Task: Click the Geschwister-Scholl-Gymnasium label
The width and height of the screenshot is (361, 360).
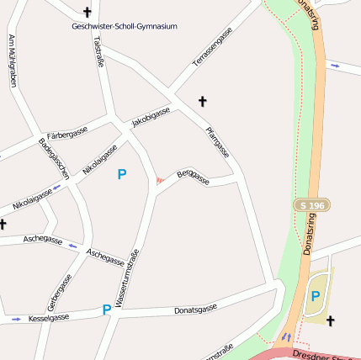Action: (125, 27)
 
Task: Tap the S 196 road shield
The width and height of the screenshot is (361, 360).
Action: (311, 205)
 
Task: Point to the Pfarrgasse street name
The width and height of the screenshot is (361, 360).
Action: (217, 141)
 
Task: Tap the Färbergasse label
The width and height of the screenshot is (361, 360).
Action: (67, 133)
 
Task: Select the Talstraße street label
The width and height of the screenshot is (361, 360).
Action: (98, 49)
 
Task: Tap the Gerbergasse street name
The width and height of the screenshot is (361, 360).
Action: (60, 292)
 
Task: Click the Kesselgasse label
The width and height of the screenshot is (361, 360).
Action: (48, 319)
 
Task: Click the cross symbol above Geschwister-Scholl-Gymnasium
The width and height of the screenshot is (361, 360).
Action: (88, 12)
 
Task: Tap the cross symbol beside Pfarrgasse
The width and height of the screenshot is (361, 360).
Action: (202, 102)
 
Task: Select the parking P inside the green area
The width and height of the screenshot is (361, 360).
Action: (316, 295)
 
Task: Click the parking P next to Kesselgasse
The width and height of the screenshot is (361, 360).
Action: (106, 310)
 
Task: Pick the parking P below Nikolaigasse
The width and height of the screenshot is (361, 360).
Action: (122, 174)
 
